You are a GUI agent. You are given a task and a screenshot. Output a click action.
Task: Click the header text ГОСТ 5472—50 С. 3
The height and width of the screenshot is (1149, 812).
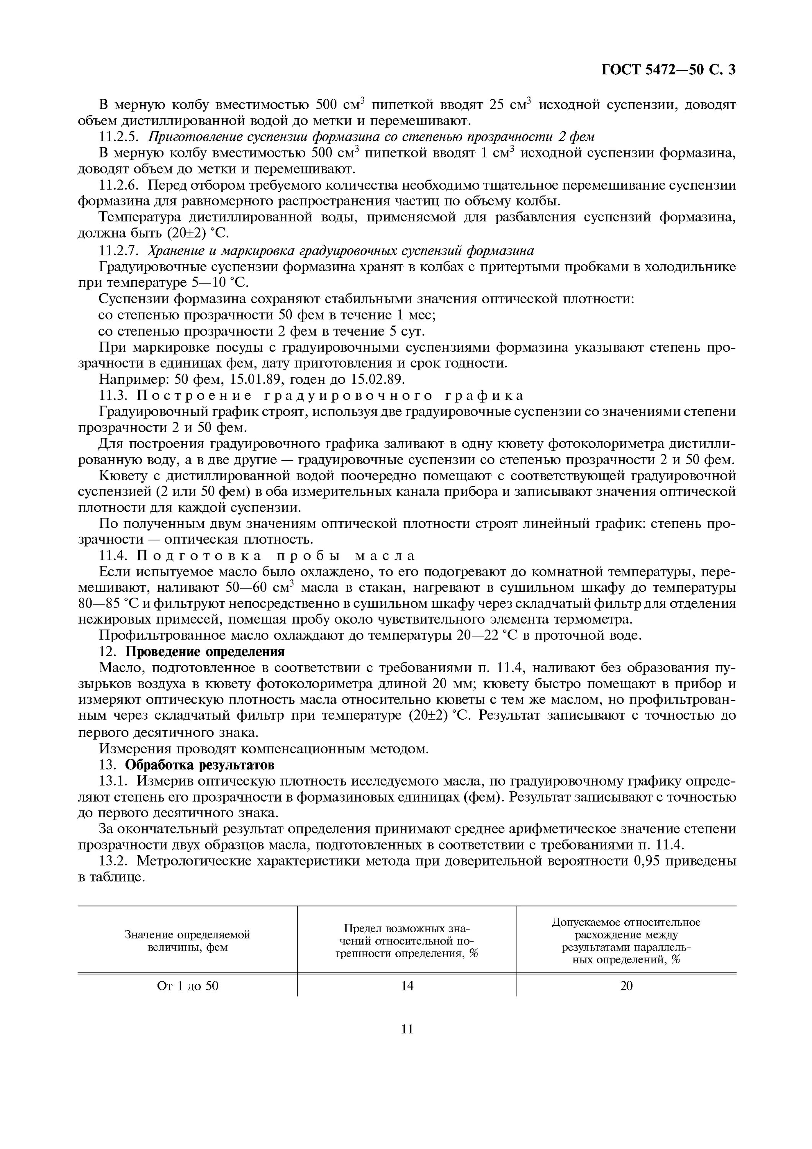click(x=668, y=70)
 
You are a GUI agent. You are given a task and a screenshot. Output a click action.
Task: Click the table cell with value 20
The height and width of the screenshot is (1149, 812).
click(x=626, y=986)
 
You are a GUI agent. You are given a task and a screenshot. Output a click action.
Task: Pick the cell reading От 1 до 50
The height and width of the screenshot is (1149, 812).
click(x=188, y=986)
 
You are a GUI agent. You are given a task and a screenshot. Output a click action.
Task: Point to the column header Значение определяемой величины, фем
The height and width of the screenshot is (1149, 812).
click(x=187, y=941)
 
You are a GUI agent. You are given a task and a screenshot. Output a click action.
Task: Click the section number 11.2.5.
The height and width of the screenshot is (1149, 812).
click(x=118, y=137)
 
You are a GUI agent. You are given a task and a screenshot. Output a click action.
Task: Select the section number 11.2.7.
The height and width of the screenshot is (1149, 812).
click(x=118, y=250)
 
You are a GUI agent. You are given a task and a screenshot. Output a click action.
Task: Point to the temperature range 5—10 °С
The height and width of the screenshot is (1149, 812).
click(x=220, y=283)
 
